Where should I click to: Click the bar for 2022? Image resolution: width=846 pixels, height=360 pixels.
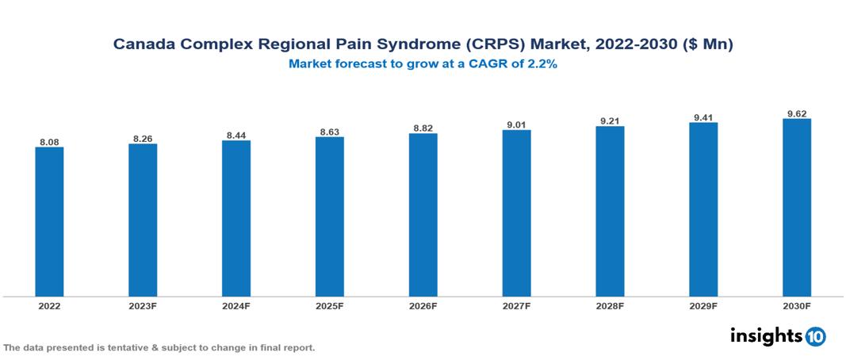(49, 221)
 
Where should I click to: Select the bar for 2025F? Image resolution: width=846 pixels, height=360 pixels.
(329, 216)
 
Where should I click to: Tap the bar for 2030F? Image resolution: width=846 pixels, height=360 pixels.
(796, 207)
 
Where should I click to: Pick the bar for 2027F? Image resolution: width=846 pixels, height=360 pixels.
(516, 213)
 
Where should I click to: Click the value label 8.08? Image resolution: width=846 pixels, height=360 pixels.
(49, 142)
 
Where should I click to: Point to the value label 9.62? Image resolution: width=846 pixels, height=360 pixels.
(796, 113)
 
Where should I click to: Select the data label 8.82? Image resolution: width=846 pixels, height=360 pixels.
(423, 128)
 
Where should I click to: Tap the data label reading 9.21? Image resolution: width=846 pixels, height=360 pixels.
(610, 121)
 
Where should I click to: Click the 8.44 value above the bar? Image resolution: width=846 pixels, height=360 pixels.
(236, 135)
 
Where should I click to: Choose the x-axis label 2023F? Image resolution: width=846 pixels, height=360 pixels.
(143, 305)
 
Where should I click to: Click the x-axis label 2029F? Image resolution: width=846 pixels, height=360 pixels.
(703, 305)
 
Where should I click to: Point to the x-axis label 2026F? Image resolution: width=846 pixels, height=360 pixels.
(423, 305)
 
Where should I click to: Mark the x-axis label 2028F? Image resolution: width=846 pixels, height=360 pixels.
(610, 305)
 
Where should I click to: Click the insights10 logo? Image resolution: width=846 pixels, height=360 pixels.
(777, 336)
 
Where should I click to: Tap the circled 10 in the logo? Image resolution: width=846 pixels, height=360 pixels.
(815, 337)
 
